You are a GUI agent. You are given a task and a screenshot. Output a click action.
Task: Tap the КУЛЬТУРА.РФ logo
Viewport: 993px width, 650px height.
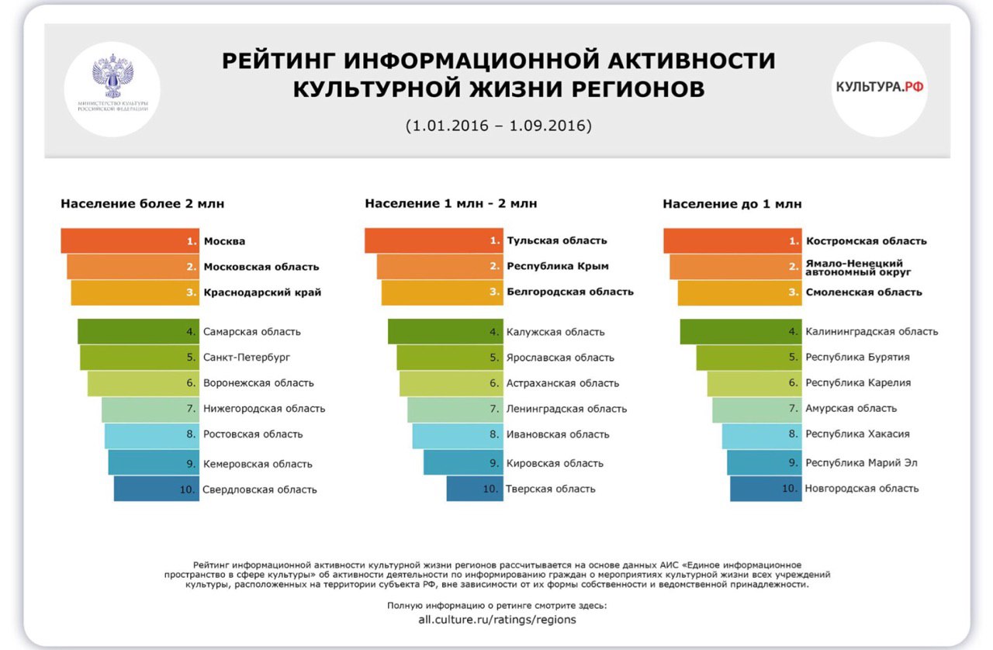[880, 88]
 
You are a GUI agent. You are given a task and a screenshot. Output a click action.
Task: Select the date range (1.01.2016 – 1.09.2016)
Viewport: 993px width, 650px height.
[498, 126]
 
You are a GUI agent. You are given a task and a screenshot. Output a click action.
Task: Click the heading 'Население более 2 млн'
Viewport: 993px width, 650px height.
[143, 204]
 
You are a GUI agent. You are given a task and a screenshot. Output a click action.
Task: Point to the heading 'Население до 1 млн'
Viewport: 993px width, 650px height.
[732, 204]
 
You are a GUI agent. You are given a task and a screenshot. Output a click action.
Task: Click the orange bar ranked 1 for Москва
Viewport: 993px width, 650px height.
[130, 241]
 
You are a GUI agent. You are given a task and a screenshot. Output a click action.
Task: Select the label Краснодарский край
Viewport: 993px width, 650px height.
[262, 292]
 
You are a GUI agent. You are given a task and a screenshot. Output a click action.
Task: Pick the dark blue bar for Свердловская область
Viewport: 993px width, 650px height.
[156, 489]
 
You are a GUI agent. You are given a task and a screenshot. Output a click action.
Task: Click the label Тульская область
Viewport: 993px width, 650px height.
[557, 240]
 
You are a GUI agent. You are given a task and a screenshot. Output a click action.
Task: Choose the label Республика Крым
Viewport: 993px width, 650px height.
[558, 266]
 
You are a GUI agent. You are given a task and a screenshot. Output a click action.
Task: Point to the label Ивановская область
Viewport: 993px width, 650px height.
[558, 434]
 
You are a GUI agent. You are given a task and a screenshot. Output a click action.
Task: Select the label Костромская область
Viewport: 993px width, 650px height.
[866, 240]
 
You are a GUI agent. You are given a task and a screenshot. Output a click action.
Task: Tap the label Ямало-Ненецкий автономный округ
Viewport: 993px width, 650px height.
[859, 268]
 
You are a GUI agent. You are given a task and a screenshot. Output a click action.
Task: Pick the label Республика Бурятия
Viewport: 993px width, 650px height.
[857, 358]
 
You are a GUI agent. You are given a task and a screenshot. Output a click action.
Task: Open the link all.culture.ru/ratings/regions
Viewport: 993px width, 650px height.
[497, 620]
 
